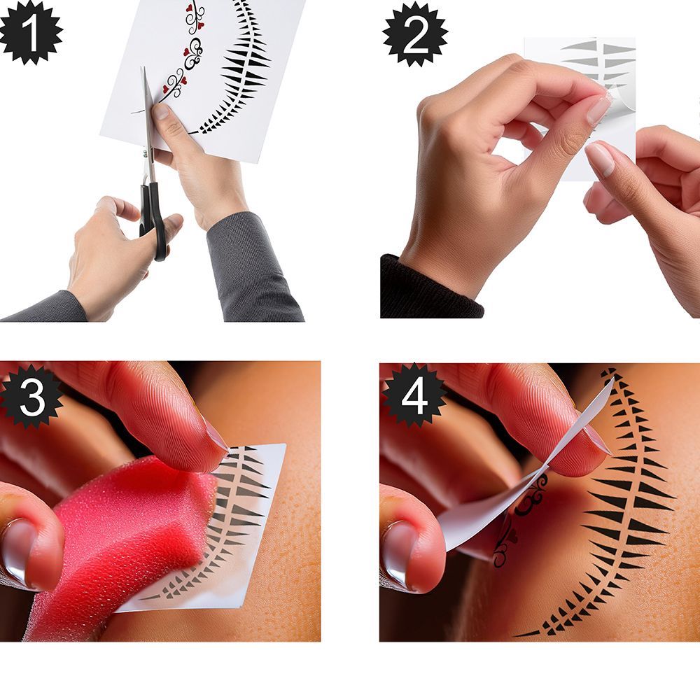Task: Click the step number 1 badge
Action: (x=30, y=32)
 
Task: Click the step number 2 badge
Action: (x=415, y=34)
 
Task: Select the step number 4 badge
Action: (x=414, y=395)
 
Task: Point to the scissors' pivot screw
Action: (x=145, y=153)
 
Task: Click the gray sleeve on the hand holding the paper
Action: (x=252, y=268)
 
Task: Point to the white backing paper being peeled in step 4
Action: (x=527, y=482)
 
